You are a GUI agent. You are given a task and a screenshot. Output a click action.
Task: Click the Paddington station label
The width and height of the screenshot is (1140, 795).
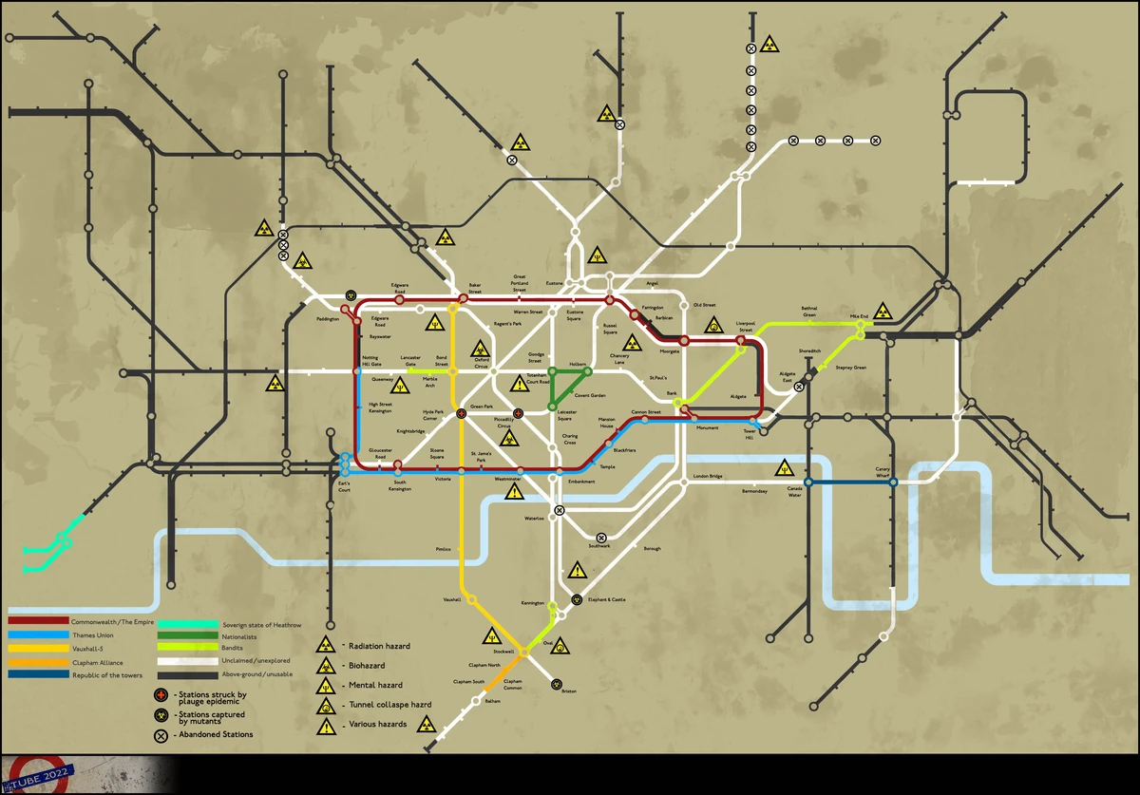(x=328, y=319)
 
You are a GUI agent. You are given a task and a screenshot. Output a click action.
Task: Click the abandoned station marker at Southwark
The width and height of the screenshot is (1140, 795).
(x=601, y=538)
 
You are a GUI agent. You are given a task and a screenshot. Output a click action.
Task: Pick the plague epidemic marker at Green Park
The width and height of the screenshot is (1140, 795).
(x=462, y=414)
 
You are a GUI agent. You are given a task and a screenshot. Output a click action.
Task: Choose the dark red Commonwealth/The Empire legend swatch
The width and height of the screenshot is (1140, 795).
(x=37, y=621)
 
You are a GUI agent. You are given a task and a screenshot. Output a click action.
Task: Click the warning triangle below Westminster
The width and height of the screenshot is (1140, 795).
(x=514, y=492)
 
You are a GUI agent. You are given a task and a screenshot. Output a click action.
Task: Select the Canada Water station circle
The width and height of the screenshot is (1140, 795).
(x=808, y=483)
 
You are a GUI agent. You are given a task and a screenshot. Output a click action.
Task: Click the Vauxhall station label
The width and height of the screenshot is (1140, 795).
(x=451, y=600)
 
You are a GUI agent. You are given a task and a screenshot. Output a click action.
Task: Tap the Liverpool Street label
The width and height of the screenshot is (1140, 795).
(x=745, y=327)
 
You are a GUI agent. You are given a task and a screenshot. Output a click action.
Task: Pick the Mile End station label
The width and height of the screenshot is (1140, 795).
(x=859, y=316)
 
